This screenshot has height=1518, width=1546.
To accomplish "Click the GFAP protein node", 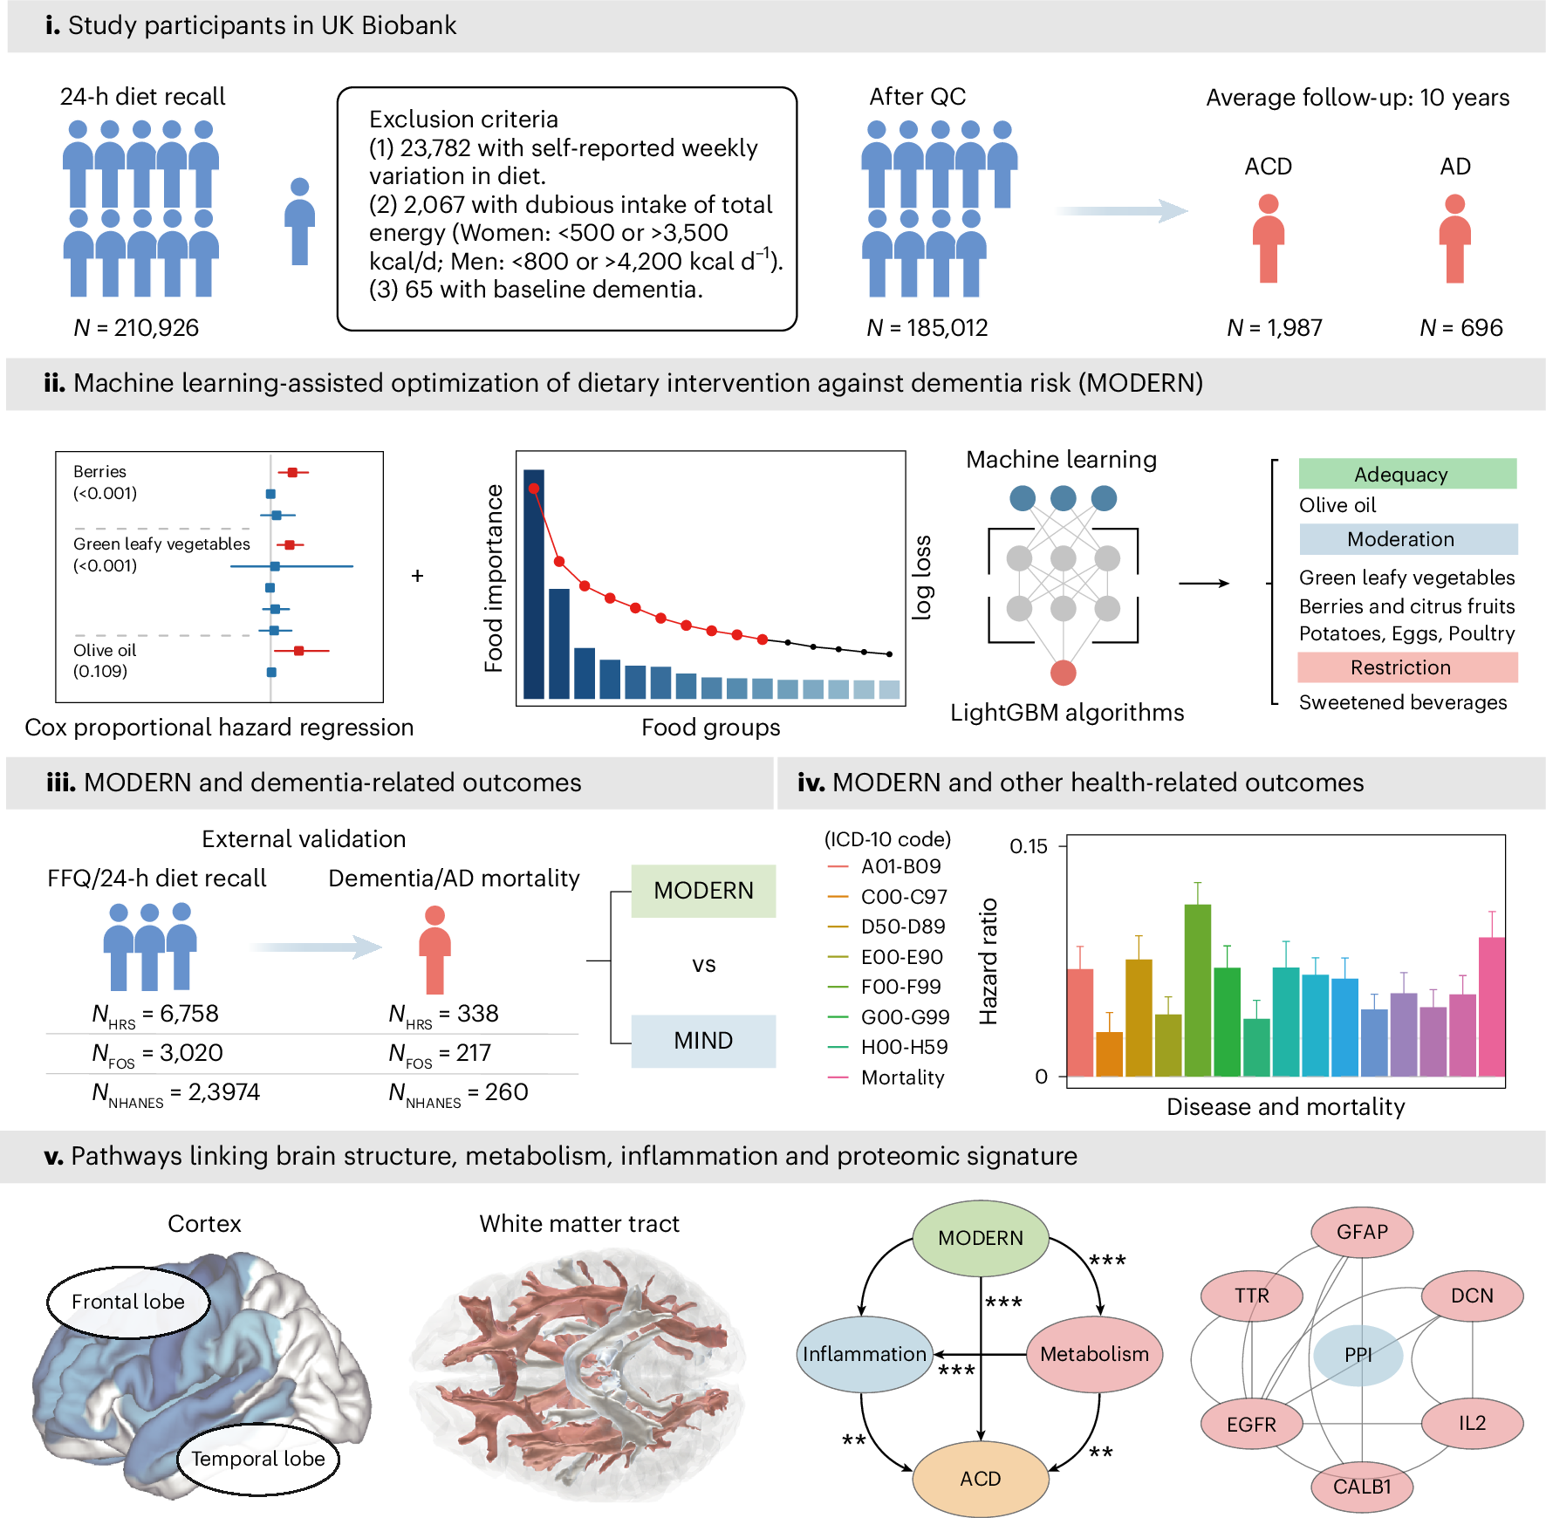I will [x=1362, y=1232].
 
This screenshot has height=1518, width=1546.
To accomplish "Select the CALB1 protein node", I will [x=1362, y=1487].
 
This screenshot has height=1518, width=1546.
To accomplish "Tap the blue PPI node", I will [x=1358, y=1355].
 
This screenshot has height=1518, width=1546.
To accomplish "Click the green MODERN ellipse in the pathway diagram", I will [x=981, y=1238].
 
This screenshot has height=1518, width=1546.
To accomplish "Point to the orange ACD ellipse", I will [x=981, y=1479].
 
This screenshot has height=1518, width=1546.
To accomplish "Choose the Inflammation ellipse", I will [x=865, y=1354].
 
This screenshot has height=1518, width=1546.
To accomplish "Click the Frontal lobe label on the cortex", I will [x=128, y=1302].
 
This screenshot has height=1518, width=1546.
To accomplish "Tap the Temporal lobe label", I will [x=258, y=1459].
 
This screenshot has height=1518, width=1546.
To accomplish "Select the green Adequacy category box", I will [x=1407, y=474].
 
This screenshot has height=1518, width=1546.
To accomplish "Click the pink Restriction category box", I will [x=1407, y=667].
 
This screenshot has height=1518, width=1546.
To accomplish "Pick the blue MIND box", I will [x=703, y=1041].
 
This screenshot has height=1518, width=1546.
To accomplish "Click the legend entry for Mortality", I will [x=902, y=1077].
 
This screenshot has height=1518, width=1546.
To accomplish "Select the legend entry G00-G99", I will [x=904, y=1017].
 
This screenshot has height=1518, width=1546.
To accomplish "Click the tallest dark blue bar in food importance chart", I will [x=534, y=585].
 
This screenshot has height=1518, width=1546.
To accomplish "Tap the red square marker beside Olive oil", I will [x=299, y=651].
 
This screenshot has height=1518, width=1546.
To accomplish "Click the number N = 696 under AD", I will [x=1461, y=328].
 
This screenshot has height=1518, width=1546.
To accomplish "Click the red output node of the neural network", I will [x=1063, y=673].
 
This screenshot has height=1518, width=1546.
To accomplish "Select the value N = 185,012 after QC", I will [x=927, y=328].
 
